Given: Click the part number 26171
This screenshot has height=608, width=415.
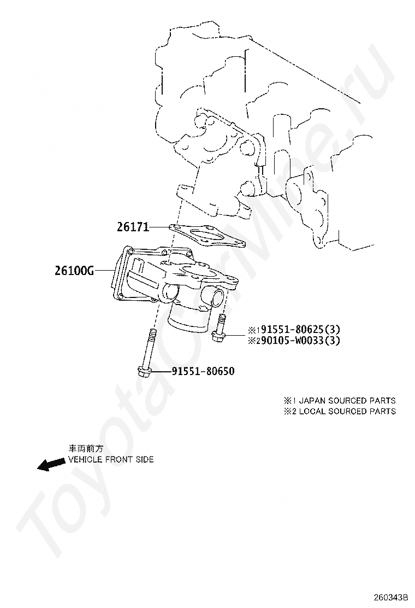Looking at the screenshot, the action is point(132,226).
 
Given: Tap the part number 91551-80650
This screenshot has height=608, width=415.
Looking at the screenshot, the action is point(203,371).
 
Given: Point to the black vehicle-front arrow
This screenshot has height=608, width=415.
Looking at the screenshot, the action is point(50,464).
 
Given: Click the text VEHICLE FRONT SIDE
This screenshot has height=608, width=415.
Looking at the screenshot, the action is point(110,459).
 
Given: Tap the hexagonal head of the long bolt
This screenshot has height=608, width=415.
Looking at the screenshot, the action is point(145,373).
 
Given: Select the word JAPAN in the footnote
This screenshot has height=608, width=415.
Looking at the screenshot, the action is point(310,400).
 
